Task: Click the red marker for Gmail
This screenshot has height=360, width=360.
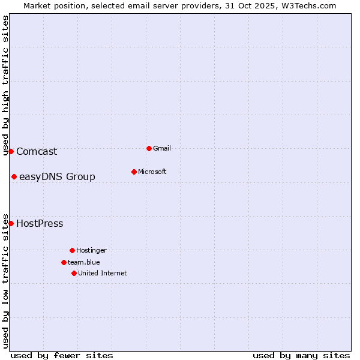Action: click(149, 148)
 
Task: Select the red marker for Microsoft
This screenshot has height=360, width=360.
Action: click(134, 172)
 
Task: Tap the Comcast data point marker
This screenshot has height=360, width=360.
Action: click(11, 151)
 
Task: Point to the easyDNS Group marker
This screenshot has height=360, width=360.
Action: click(14, 176)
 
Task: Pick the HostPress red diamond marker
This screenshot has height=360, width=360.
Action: click(11, 223)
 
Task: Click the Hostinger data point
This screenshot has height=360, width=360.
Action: click(72, 250)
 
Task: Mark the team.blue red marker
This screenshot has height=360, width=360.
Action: click(64, 262)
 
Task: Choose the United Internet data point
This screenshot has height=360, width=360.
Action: click(74, 273)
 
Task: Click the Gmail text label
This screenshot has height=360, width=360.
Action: click(162, 148)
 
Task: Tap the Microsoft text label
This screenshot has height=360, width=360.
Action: click(152, 172)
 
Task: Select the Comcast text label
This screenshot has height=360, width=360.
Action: click(37, 151)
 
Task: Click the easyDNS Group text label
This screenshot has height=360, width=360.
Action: click(57, 176)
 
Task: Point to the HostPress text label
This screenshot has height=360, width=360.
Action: click(40, 223)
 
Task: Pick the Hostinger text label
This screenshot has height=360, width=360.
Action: click(91, 250)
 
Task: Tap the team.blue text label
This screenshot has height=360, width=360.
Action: click(84, 262)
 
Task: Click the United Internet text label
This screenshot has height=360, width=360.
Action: click(103, 273)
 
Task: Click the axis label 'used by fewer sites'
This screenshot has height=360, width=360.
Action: click(62, 355)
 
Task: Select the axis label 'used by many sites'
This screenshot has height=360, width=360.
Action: click(301, 355)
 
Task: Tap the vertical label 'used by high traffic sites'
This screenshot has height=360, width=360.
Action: click(5, 85)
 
